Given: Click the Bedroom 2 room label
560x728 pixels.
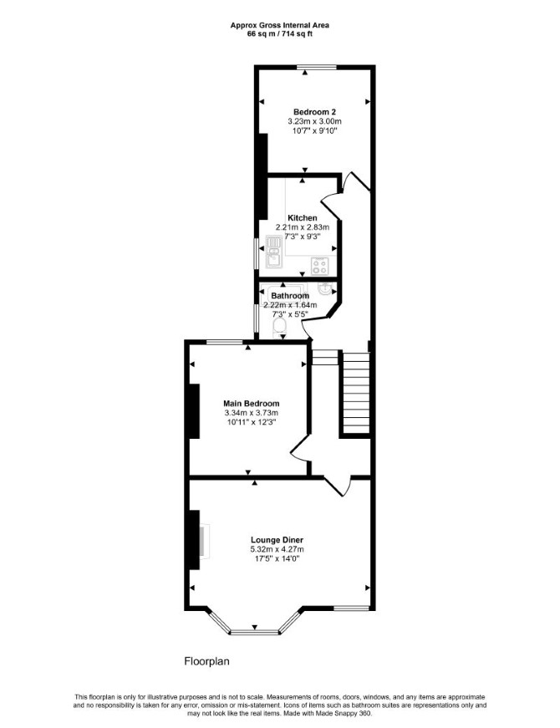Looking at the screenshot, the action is tap(314, 112).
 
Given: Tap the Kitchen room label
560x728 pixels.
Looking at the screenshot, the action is tap(303, 218).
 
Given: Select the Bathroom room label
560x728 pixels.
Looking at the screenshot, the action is tap(290, 296).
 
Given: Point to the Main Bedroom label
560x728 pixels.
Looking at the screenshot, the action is tap(252, 404).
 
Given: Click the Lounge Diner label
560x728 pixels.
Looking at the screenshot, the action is tap(277, 540).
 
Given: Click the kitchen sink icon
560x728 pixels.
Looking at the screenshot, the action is tap(274, 252).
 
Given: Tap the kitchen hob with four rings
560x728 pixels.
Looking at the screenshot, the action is tap(319, 266).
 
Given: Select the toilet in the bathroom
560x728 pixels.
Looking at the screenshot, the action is tap(280, 324).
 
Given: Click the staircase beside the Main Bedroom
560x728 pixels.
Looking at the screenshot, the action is tap(356, 393).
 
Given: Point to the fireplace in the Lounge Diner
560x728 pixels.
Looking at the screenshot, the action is tap(204, 540).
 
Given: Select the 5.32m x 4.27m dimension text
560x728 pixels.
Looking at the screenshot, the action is tap(277, 550).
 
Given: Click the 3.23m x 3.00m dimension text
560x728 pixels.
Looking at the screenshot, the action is tap(314, 121).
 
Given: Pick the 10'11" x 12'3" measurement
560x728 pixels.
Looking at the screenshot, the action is tap(252, 422).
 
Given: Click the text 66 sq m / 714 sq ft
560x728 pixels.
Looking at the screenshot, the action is tap(279, 33).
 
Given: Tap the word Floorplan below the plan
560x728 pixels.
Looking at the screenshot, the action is tap(207, 660).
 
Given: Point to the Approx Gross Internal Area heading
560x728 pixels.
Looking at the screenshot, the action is tap(279, 26).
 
